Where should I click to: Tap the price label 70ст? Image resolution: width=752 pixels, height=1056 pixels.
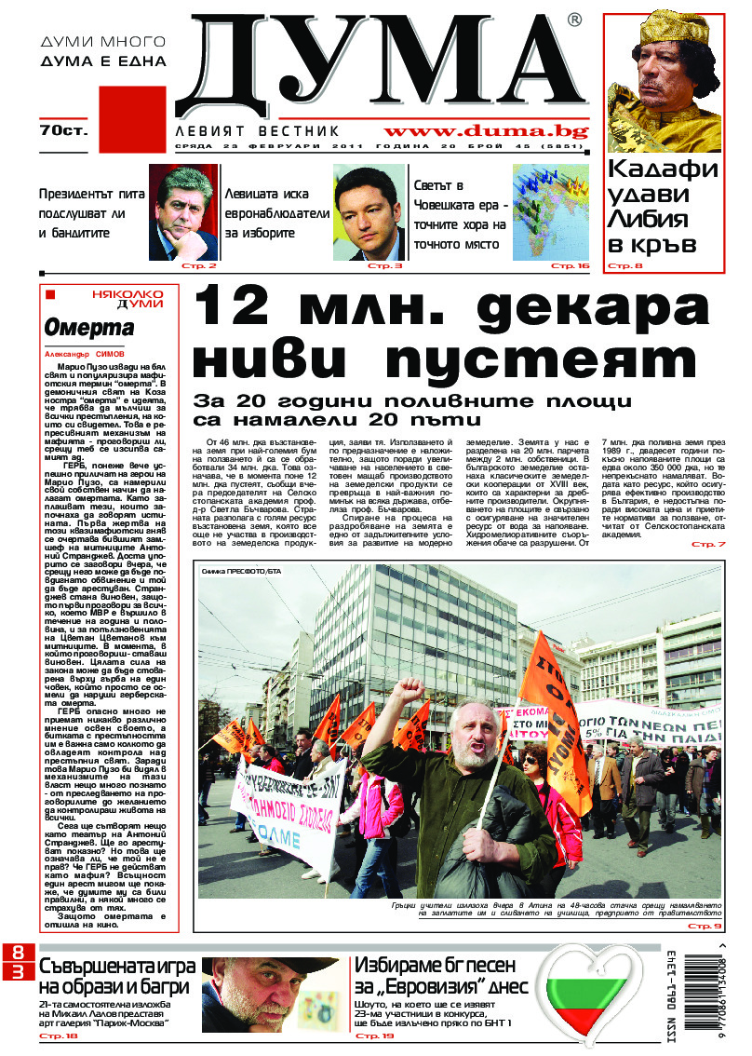62,131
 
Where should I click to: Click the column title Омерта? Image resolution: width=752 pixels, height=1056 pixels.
89,328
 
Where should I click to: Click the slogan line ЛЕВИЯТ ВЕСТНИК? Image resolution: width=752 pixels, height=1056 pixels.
258,132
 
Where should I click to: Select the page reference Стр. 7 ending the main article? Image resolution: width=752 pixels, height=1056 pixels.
708,544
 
